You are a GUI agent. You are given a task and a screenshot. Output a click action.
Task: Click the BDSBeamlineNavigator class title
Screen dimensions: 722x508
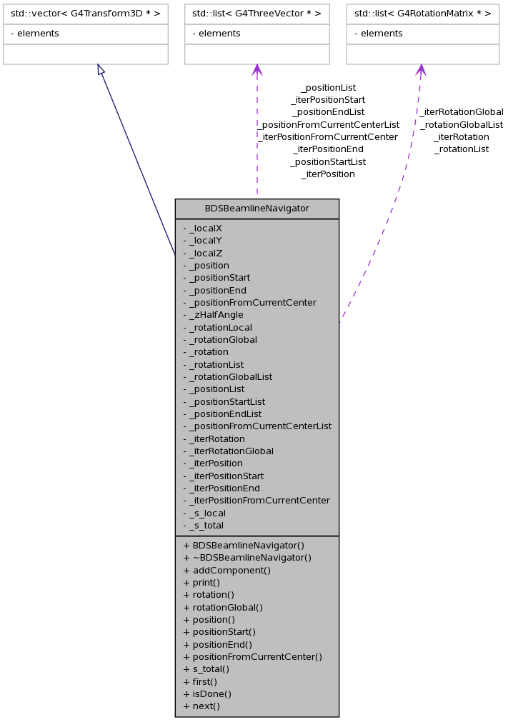[257, 209]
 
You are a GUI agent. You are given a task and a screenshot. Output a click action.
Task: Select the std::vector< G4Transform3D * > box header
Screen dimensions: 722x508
[86, 14]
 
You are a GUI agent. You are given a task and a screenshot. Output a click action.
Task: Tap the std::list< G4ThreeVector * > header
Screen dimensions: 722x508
[257, 14]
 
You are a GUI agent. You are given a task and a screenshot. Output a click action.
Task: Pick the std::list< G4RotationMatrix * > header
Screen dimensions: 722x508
[422, 14]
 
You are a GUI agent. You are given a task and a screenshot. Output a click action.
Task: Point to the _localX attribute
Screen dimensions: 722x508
[206, 229]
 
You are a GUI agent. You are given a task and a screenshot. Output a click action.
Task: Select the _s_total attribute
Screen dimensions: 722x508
[206, 526]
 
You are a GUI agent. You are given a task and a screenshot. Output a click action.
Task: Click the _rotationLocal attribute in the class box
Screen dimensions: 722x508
[221, 327]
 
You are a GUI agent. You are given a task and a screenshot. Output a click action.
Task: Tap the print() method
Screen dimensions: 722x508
[201, 583]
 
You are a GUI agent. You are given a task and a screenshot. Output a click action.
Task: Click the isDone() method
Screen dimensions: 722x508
[207, 693]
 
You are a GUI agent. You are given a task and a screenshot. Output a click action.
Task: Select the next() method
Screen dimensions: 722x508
[201, 706]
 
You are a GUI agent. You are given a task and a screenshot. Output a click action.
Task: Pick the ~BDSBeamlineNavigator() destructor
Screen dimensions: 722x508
[247, 558]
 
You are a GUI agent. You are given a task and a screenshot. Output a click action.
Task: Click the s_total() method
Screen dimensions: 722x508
[206, 669]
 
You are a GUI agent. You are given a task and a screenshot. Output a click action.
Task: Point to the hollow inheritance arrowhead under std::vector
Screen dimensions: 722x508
[101, 69]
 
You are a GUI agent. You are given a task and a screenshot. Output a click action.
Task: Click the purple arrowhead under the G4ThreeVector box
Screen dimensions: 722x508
[257, 69]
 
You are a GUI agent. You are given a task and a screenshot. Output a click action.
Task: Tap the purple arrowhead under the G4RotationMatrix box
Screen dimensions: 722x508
[421, 69]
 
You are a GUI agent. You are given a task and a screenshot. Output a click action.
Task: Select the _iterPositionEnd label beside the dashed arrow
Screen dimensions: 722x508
[328, 149]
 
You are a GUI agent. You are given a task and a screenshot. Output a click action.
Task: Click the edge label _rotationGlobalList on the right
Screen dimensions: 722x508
[462, 124]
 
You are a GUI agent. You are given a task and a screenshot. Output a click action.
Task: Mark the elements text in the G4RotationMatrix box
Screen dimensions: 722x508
[382, 34]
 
